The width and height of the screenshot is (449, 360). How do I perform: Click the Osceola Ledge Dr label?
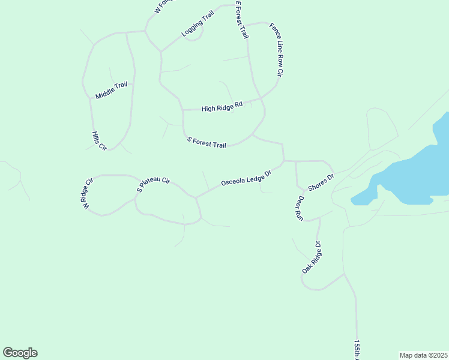tap(247, 178)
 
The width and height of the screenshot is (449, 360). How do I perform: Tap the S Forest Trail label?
tap(206, 143)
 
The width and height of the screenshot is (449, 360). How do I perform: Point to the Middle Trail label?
tap(112, 90)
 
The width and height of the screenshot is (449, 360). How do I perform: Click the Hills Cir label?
tap(99, 141)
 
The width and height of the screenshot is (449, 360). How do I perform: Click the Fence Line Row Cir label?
tap(276, 49)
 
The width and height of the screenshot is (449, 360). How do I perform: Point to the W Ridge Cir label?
tap(89, 193)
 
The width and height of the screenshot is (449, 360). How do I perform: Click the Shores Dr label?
tap(321, 181)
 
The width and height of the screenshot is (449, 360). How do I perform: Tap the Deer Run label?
tap(299, 208)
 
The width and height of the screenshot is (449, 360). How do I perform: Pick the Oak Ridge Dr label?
tap(312, 258)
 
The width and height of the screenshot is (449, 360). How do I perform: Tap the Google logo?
tap(20, 353)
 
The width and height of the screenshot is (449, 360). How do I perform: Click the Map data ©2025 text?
tap(423, 355)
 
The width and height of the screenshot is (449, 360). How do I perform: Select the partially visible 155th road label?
tap(356, 350)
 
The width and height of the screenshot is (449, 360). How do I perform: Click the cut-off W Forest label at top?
tap(163, 6)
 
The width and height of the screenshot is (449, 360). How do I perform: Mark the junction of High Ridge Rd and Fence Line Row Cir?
tap(261, 98)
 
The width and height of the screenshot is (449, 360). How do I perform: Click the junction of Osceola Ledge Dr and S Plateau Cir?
tap(195, 197)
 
